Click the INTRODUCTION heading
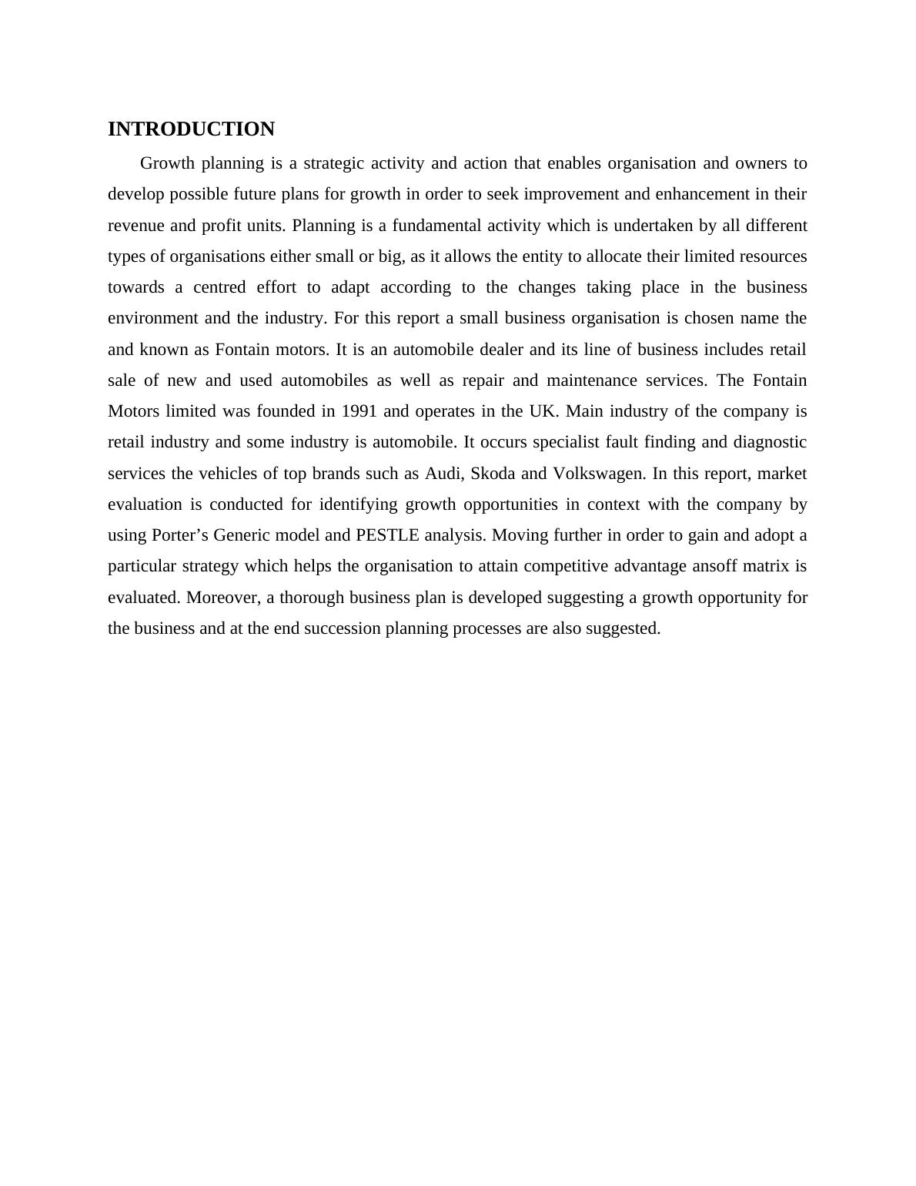[x=191, y=129]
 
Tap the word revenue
[x=136, y=226]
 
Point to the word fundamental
[x=437, y=226]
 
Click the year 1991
[x=359, y=411]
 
